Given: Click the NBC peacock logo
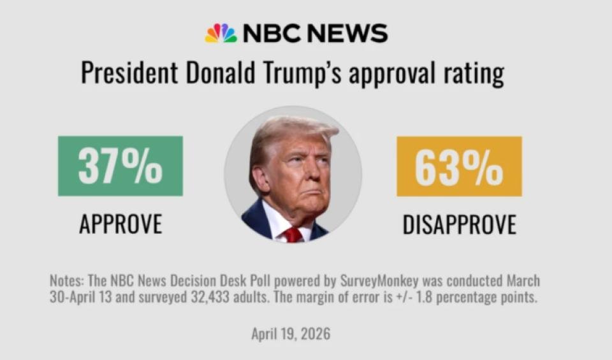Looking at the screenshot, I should point(220,33).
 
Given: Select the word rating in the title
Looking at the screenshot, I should point(472,74).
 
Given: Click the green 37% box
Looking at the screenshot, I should point(120,166).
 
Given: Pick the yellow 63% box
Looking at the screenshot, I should point(459,166).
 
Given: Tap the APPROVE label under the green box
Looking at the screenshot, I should point(120,224).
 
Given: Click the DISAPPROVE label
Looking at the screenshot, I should point(459,224).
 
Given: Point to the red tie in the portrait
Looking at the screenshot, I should point(293,234).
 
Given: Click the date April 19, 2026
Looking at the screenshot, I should point(291,334).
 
